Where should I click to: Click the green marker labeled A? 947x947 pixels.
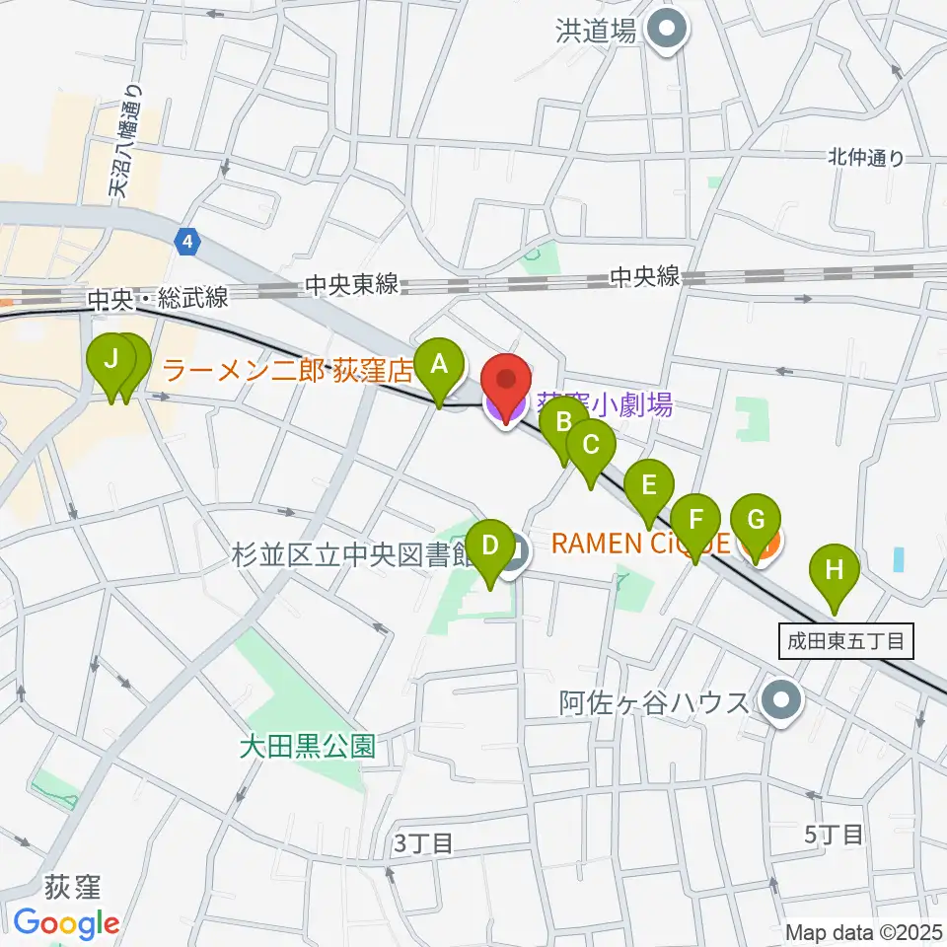coord(439,366)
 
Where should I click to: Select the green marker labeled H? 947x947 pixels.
coord(835,569)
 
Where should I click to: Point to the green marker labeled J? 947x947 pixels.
coord(112,360)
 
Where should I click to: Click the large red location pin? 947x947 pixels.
coord(506,384)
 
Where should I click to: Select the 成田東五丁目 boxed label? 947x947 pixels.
coord(845,641)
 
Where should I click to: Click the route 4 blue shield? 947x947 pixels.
coord(187,239)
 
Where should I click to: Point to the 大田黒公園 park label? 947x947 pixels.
coord(309,746)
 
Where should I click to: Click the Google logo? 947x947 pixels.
coord(67,923)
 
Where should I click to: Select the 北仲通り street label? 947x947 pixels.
coord(865,157)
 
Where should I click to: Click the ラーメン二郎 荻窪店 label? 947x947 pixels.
coord(286,371)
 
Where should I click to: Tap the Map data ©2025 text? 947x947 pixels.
coord(864,931)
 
